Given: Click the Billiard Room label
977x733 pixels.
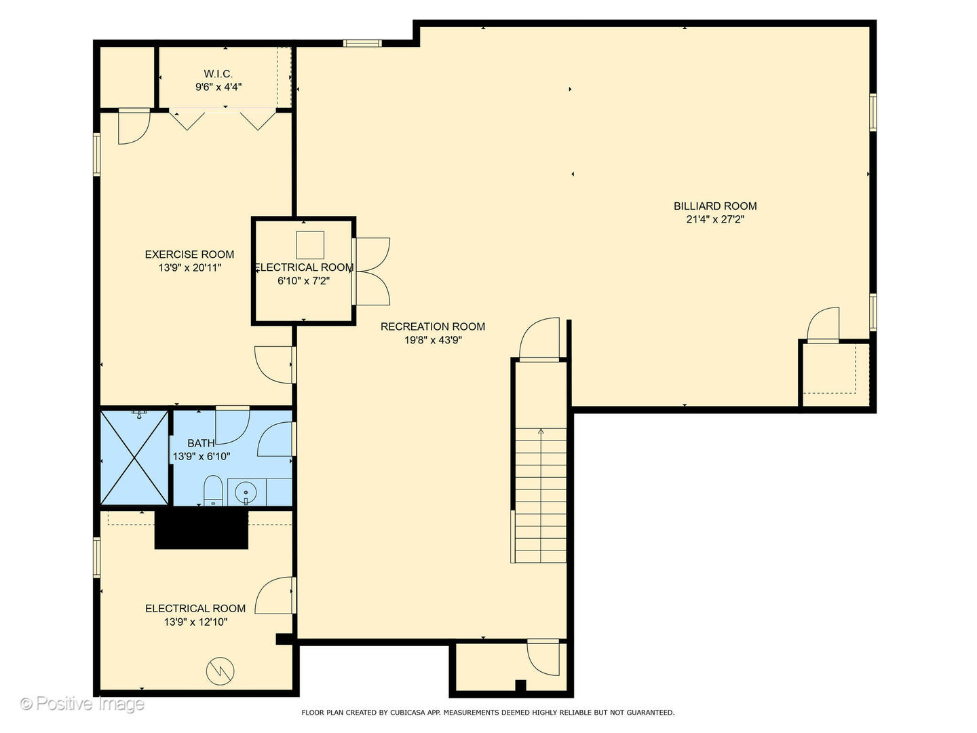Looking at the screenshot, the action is [x=715, y=206].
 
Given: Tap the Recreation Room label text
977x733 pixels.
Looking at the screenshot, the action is [x=433, y=326].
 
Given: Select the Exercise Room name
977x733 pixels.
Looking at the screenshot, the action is [x=189, y=255].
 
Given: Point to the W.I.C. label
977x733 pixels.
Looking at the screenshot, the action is [x=218, y=74].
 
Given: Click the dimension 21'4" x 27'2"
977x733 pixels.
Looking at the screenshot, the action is [x=715, y=219].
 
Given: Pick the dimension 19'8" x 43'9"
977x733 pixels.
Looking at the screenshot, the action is [x=433, y=341].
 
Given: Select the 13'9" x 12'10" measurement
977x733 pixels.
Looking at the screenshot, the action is [x=195, y=622].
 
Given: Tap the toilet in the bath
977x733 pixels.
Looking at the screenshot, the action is [x=213, y=491].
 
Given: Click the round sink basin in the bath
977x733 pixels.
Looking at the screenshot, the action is [x=246, y=493].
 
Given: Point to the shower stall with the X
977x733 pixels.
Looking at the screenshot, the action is [x=134, y=457].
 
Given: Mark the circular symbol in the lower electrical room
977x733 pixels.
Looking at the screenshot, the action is [x=221, y=671].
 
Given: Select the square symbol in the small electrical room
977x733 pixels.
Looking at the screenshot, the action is [x=310, y=245].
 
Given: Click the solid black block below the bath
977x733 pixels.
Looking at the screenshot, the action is [x=202, y=529].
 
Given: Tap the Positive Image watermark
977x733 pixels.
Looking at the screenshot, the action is [x=82, y=704].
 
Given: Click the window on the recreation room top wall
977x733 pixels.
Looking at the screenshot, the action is [x=362, y=43].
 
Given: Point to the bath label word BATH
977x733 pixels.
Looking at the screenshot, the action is [x=202, y=443].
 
